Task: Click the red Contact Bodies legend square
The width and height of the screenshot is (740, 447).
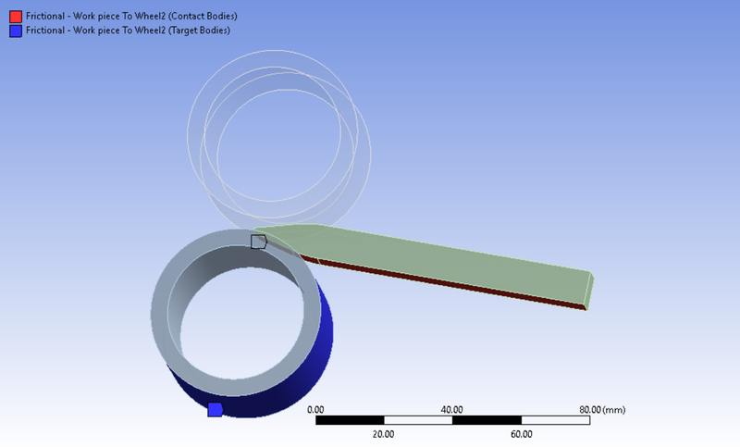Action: point(15,16)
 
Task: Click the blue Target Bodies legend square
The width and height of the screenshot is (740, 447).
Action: point(15,31)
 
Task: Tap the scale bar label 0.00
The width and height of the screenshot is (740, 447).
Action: point(315,409)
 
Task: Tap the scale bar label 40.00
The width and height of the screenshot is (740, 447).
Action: point(451,409)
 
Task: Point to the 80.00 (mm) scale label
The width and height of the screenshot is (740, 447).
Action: point(601,409)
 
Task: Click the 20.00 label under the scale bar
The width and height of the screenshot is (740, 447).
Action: point(383,433)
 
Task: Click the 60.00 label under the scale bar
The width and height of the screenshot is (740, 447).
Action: point(521,433)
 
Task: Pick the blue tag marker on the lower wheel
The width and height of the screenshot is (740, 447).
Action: point(215,409)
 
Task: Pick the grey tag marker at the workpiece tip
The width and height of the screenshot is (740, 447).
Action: point(258,242)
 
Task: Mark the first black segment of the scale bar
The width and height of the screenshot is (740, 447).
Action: point(350,420)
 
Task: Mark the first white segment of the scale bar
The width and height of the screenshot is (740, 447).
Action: point(418,420)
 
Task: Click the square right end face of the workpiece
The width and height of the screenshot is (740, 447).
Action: point(589,290)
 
